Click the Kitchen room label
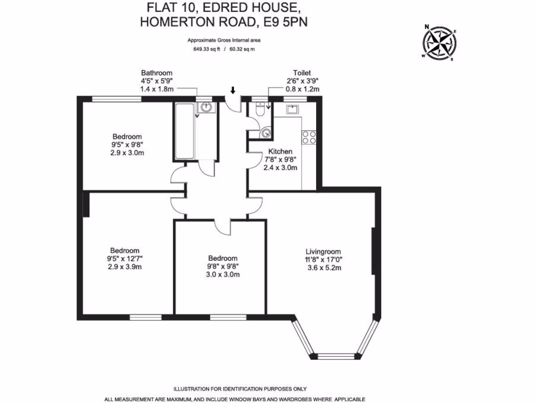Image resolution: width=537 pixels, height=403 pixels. pyautogui.click(x=280, y=152)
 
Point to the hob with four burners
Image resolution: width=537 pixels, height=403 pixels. pyautogui.click(x=309, y=137)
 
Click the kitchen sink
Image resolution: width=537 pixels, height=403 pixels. pyautogui.click(x=292, y=109)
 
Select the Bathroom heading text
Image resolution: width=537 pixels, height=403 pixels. pyautogui.click(x=156, y=73)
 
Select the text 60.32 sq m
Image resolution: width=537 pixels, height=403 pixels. pyautogui.click(x=242, y=50)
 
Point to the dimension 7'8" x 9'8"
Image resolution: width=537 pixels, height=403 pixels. pyautogui.click(x=281, y=160)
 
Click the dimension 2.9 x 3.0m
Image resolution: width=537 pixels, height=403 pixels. pyautogui.click(x=127, y=153)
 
